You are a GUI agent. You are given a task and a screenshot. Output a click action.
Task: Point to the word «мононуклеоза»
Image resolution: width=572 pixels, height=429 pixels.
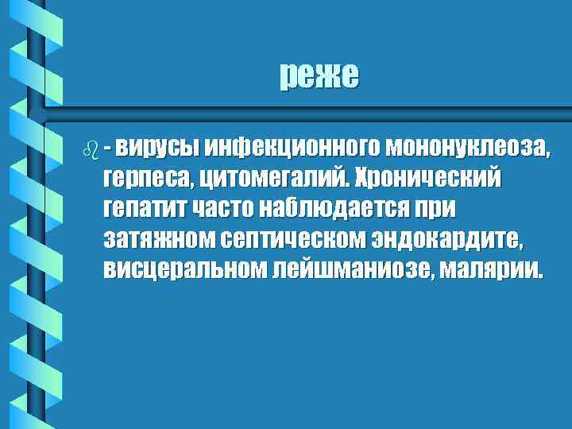[465, 148]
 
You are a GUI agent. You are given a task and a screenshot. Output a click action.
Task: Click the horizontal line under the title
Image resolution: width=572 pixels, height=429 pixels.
[318, 106]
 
